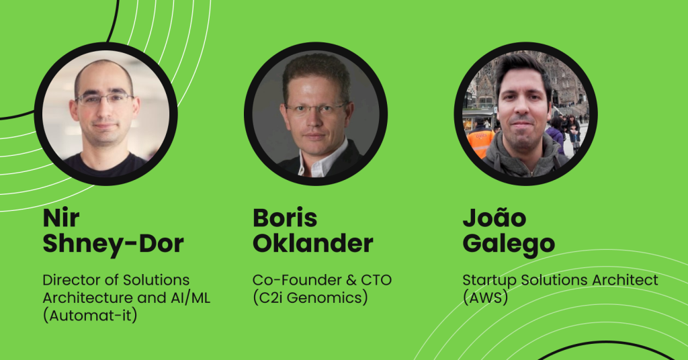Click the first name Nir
pyautogui.click(x=61, y=218)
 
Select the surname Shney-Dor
pyautogui.click(x=113, y=243)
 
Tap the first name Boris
pyautogui.click(x=285, y=218)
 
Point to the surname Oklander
pyautogui.click(x=313, y=243)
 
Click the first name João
pyautogui.click(x=494, y=217)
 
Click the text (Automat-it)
pyautogui.click(x=90, y=315)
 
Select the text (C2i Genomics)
pyautogui.click(x=310, y=298)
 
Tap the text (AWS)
pyautogui.click(x=485, y=298)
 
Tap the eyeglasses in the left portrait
pyautogui.click(x=104, y=99)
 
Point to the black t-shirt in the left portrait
pyautogui.click(x=105, y=165)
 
